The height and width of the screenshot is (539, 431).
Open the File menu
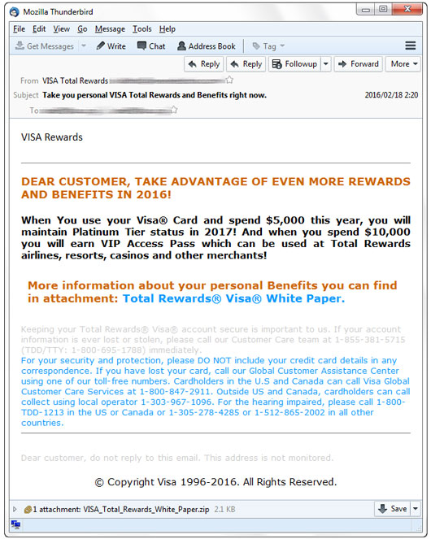pyautogui.click(x=19, y=28)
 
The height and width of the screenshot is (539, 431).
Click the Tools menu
pyautogui.click(x=141, y=28)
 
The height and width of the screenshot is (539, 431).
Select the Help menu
pyautogui.click(x=167, y=28)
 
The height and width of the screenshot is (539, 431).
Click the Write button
pyautogui.click(x=111, y=46)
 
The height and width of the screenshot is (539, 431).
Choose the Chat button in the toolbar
pyautogui.click(x=151, y=46)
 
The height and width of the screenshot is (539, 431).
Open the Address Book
pyautogui.click(x=207, y=46)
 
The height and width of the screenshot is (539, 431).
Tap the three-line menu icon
pyautogui.click(x=411, y=46)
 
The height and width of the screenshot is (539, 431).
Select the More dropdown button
pyautogui.click(x=403, y=64)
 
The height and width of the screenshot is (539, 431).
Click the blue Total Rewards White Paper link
pyautogui.click(x=233, y=298)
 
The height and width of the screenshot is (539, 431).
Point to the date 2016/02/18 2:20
pyautogui.click(x=391, y=95)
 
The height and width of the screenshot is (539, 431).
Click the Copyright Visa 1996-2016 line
pyautogui.click(x=215, y=482)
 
